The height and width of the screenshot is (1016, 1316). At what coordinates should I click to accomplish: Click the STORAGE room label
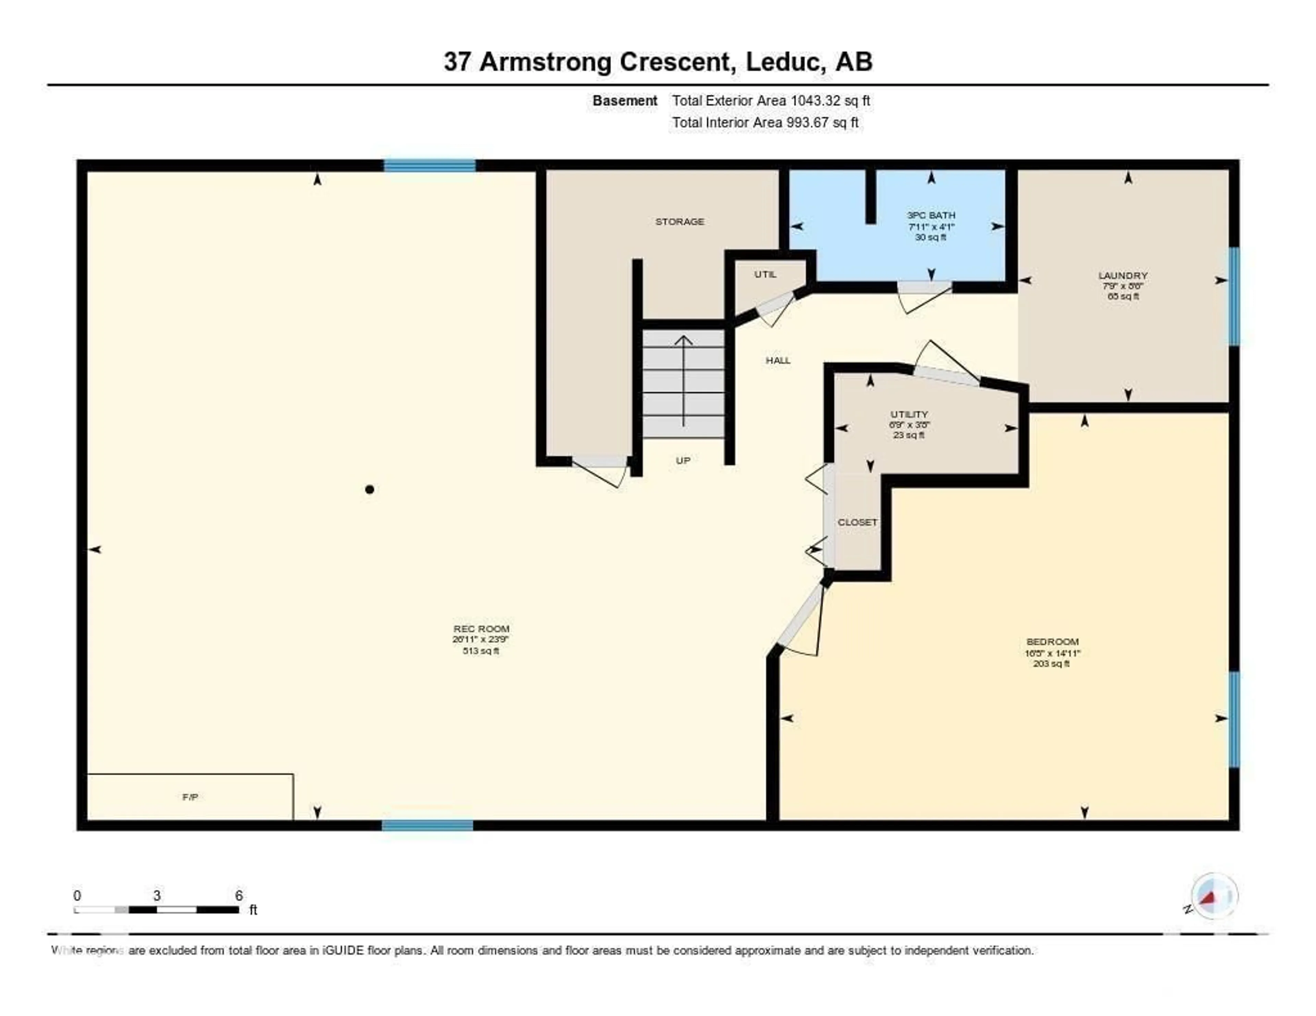click(679, 222)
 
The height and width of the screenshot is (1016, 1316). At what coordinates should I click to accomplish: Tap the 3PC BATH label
click(930, 215)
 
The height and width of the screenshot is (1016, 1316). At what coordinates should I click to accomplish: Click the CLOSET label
click(857, 522)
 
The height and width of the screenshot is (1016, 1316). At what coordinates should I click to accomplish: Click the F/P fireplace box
click(190, 797)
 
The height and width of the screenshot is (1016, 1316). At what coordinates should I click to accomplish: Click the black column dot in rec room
click(369, 490)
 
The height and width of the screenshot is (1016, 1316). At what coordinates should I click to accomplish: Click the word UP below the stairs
click(683, 461)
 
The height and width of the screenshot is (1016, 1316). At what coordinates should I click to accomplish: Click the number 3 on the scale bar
click(157, 895)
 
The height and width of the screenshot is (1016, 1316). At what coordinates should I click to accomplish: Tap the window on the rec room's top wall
click(430, 165)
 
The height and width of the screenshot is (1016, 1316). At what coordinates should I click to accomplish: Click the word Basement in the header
click(624, 101)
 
